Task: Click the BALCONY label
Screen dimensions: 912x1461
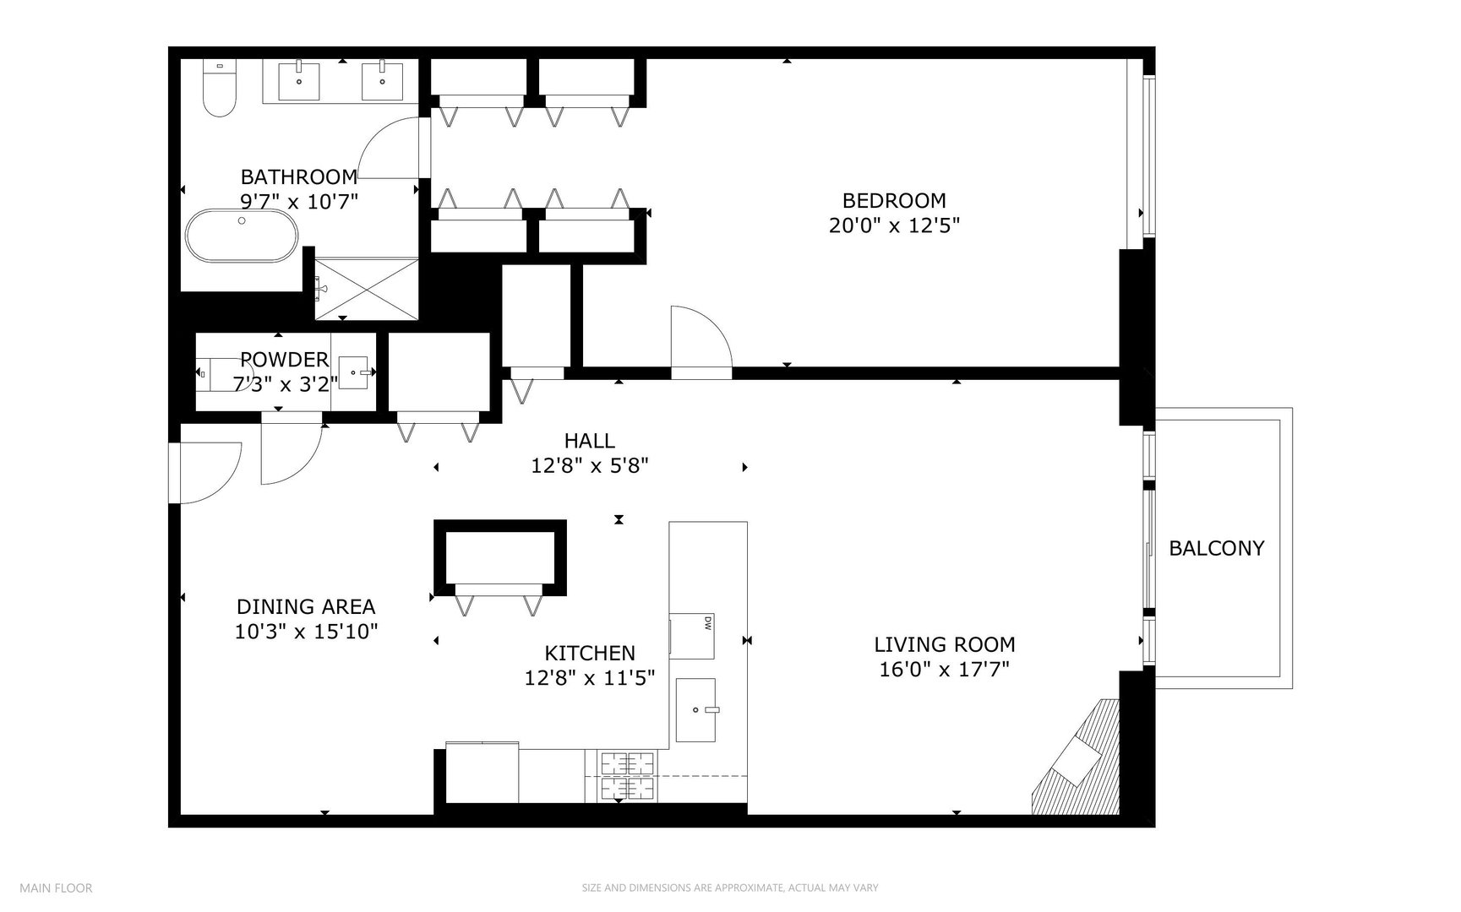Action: click(x=1216, y=548)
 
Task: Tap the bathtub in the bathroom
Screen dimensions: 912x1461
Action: click(x=242, y=236)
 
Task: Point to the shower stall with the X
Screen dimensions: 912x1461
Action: click(x=367, y=288)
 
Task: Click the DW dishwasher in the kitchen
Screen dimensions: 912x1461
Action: click(x=692, y=635)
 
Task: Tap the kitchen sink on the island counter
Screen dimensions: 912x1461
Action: click(x=695, y=710)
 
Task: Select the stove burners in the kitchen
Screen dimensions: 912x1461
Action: click(x=629, y=775)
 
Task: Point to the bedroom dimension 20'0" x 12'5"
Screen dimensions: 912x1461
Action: click(x=894, y=225)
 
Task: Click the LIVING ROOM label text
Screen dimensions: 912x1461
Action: click(x=944, y=644)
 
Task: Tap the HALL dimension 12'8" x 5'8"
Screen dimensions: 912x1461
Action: click(x=589, y=465)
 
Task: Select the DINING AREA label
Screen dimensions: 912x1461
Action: click(x=305, y=606)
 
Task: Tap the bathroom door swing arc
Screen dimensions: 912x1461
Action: click(x=389, y=149)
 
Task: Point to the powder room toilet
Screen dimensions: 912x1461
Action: click(x=216, y=372)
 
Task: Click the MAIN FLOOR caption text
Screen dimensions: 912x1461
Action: click(x=56, y=888)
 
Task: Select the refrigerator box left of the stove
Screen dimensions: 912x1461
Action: click(x=482, y=773)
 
